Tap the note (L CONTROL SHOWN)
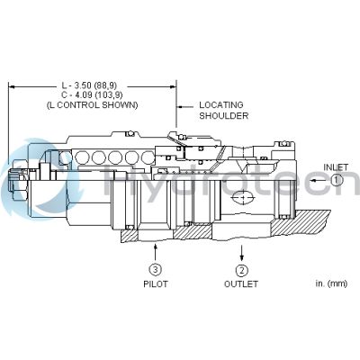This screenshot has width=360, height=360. click(x=93, y=105)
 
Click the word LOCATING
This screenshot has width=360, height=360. click(x=220, y=104)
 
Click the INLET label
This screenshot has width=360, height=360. click(x=337, y=167)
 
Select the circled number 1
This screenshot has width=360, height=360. click(x=337, y=180)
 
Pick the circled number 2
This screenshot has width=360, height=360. click(x=241, y=270)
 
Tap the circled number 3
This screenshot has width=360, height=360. click(x=156, y=270)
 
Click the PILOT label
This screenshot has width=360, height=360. click(x=156, y=283)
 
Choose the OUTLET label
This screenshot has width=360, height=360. click(x=241, y=283)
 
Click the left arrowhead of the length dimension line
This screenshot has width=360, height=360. click(x=12, y=86)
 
